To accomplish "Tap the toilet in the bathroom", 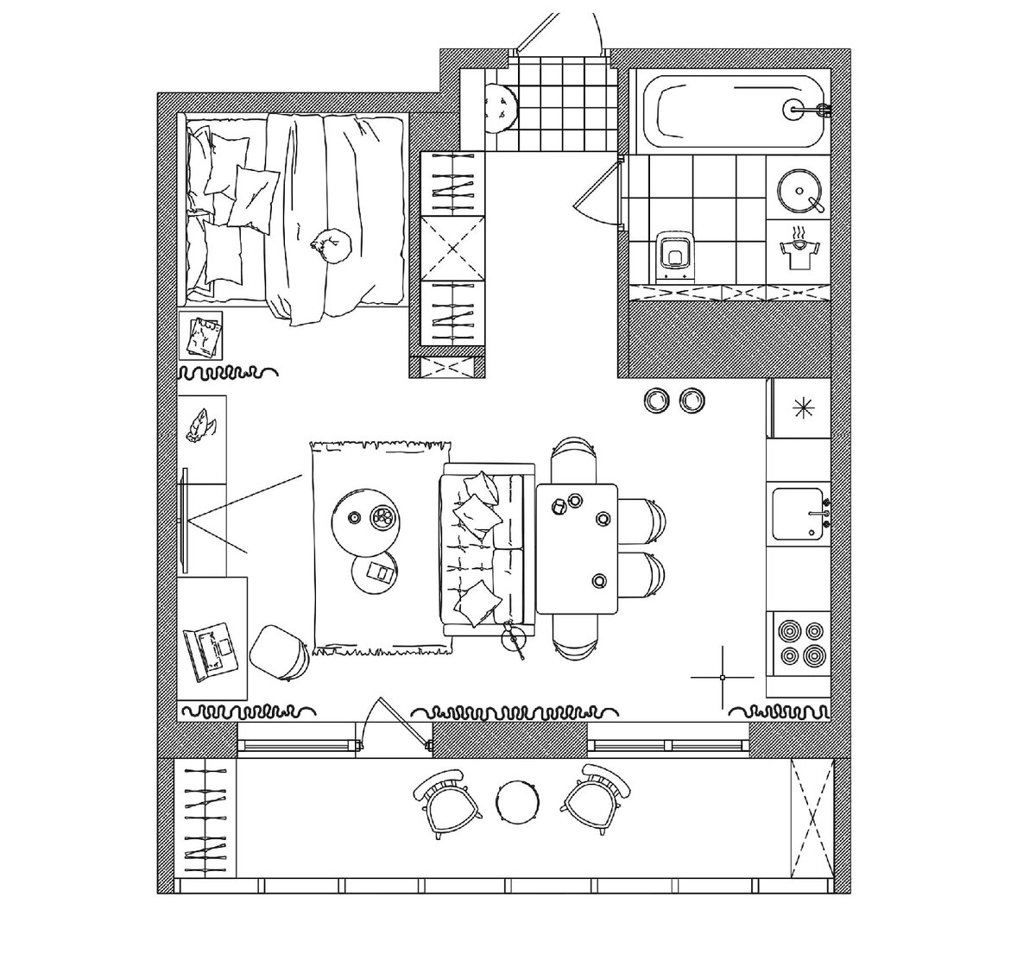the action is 673,254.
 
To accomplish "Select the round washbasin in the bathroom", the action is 799,189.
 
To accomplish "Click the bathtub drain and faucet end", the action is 799,109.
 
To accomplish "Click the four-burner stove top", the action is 799,643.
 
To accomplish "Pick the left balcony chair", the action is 445,799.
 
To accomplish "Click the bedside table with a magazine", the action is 201,336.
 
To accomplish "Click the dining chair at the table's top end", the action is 574,458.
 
